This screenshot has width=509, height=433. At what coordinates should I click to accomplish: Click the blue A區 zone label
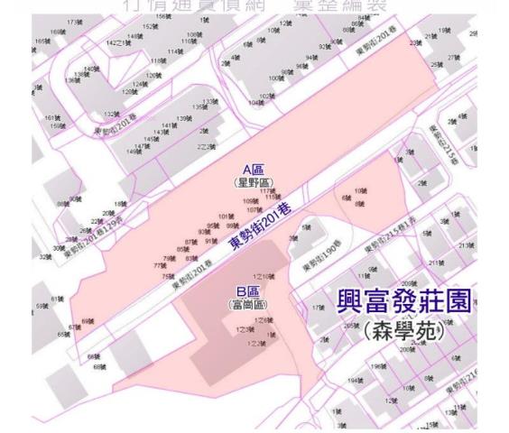point(253,169)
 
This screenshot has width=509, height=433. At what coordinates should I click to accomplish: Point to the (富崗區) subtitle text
point(247,304)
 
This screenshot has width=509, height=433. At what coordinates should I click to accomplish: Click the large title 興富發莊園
point(403,301)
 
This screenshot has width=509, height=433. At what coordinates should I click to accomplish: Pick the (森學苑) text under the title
point(403,329)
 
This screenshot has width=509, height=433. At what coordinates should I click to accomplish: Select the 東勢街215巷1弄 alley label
point(392,244)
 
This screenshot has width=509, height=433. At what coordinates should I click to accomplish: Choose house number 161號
point(51,118)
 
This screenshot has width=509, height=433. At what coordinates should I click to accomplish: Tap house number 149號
point(133,152)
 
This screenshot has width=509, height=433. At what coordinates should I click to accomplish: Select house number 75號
point(167,275)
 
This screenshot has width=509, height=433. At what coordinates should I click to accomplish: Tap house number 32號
point(45,256)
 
